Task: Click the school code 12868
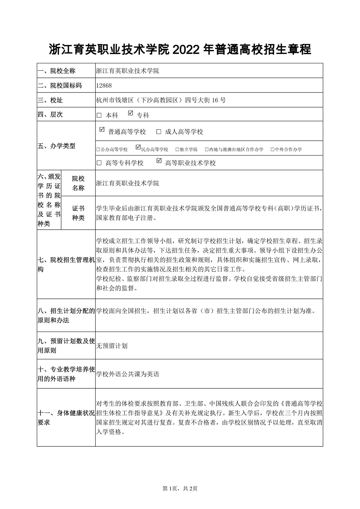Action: [x=104, y=86]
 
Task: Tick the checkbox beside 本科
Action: [x=99, y=116]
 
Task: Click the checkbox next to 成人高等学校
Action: [x=158, y=132]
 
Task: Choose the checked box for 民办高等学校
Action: [x=138, y=148]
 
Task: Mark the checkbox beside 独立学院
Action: [x=177, y=149]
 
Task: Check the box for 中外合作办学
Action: [x=273, y=149]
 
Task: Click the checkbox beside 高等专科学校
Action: [x=99, y=163]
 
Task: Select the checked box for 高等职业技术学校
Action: [x=159, y=161]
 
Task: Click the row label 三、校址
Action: [x=50, y=100]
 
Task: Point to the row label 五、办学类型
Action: [x=57, y=146]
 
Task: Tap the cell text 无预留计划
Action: [x=112, y=346]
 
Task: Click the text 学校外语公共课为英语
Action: [x=128, y=374]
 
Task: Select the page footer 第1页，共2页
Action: [x=180, y=488]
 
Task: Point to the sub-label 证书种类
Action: [x=78, y=213]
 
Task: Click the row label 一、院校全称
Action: [x=57, y=71]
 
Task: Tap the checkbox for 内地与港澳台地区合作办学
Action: [x=206, y=149]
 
